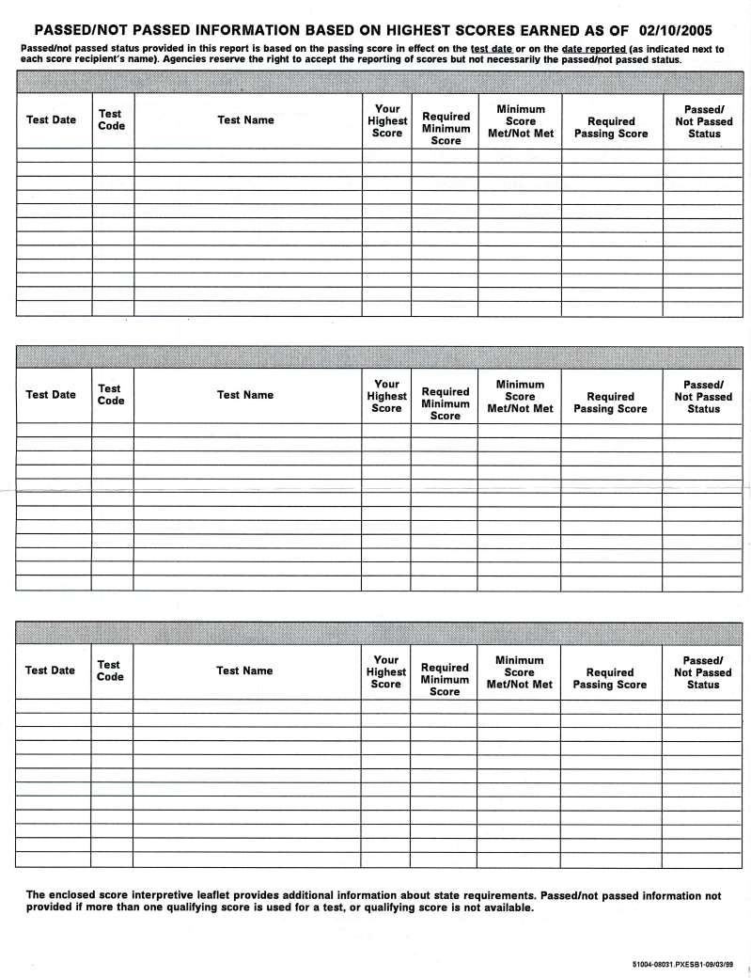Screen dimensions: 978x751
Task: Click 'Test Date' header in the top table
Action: click(x=52, y=119)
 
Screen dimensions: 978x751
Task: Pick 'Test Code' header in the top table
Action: click(x=111, y=119)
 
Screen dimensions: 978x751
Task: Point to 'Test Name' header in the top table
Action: click(x=245, y=119)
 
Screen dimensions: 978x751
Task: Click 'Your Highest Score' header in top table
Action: click(x=387, y=121)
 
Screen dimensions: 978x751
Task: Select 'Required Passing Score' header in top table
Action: click(x=611, y=127)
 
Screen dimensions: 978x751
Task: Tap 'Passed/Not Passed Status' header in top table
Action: click(x=704, y=121)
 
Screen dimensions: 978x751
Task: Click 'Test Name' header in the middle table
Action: click(x=245, y=395)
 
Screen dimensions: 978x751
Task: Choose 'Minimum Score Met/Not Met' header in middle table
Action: click(x=520, y=396)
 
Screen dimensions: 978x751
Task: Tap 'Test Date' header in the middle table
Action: click(x=52, y=395)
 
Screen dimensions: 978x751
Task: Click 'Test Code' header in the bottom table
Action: click(x=110, y=670)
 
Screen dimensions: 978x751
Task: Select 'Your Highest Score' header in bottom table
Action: click(x=386, y=672)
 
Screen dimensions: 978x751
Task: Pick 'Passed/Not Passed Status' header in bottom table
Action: click(x=703, y=672)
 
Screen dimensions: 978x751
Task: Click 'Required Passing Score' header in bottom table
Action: click(x=610, y=678)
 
